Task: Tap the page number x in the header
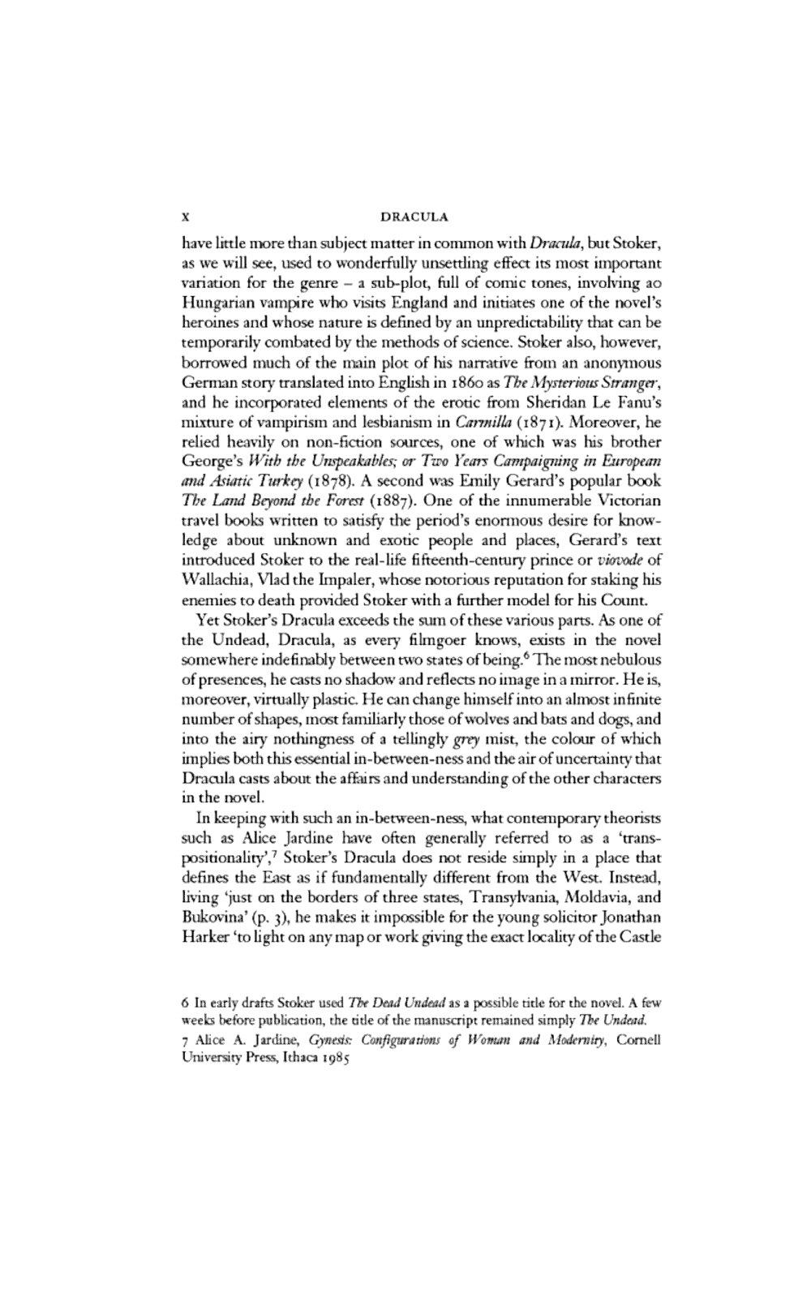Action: tap(187, 217)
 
